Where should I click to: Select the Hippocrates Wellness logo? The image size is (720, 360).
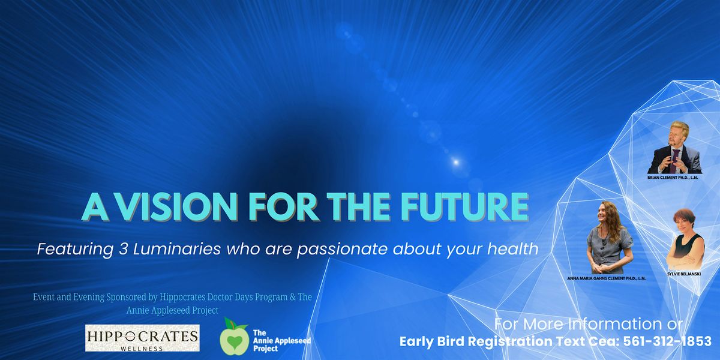click(142, 338)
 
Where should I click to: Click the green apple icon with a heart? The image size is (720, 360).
click(235, 337)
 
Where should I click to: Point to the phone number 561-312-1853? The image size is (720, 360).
click(667, 341)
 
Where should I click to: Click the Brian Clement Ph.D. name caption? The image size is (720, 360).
click(673, 178)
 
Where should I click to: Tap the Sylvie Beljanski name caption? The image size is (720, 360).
click(684, 274)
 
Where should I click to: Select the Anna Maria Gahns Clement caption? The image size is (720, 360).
click(606, 278)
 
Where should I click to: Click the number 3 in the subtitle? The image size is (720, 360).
click(123, 249)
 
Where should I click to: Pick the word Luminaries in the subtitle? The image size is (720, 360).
click(176, 249)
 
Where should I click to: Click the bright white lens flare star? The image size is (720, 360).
click(456, 162)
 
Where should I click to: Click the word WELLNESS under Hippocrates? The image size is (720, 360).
click(142, 349)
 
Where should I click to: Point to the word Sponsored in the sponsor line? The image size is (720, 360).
click(127, 296)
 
